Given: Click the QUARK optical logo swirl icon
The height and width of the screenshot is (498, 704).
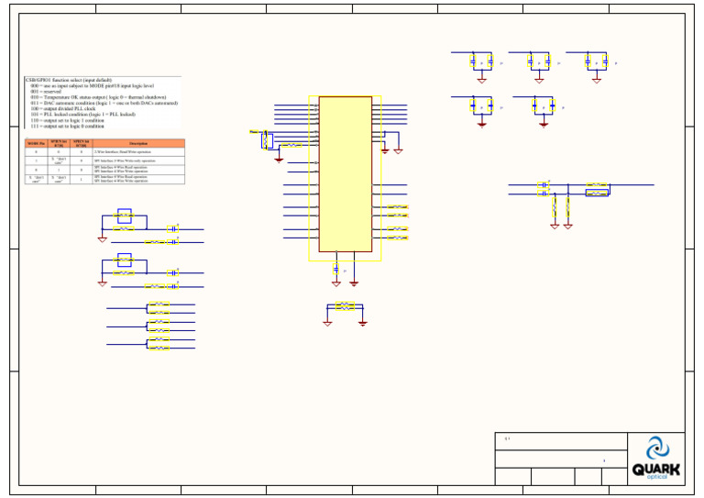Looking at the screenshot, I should [x=656, y=448].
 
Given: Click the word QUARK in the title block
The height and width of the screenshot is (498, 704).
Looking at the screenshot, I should [x=655, y=469].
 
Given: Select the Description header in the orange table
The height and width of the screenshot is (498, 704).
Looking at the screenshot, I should [x=138, y=144].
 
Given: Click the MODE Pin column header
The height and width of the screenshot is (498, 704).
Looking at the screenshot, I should [x=36, y=144].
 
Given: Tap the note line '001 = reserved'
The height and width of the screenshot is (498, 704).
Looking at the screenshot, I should [x=51, y=92].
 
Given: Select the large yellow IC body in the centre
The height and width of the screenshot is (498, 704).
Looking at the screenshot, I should [x=345, y=174].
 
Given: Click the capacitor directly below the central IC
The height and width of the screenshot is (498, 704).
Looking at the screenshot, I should [x=336, y=270].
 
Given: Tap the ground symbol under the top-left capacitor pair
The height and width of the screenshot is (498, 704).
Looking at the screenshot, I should [x=481, y=81].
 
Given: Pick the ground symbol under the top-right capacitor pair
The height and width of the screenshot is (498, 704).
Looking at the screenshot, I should [x=597, y=81].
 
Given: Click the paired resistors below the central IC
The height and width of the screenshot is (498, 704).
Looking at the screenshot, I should [x=345, y=306].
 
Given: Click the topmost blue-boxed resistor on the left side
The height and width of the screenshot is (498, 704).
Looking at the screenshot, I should [x=125, y=216].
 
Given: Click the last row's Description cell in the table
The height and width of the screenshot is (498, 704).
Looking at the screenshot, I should [x=138, y=180].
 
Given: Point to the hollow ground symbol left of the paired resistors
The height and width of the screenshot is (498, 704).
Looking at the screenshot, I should [x=327, y=323].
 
